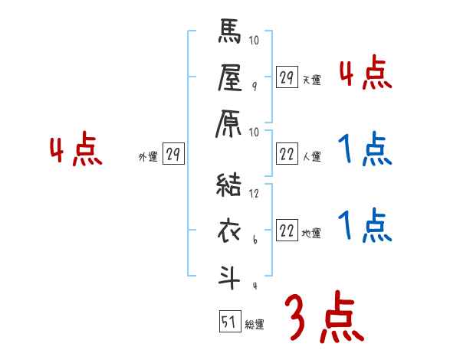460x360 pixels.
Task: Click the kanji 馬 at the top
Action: pyautogui.click(x=231, y=34)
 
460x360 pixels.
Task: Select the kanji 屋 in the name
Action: pyautogui.click(x=231, y=78)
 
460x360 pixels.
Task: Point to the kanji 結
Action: pyautogui.click(x=231, y=185)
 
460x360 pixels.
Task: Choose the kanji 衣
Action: pyautogui.click(x=231, y=230)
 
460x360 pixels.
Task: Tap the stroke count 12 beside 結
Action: pyautogui.click(x=255, y=194)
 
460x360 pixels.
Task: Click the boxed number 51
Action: pyautogui.click(x=228, y=322)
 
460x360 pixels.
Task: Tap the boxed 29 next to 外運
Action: pyautogui.click(x=172, y=155)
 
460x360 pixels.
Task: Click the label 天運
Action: pyautogui.click(x=311, y=80)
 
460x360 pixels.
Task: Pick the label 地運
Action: pyautogui.click(x=311, y=233)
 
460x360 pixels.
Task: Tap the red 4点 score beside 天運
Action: pyautogui.click(x=365, y=74)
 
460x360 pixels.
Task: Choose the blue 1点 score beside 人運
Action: pyautogui.click(x=365, y=149)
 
